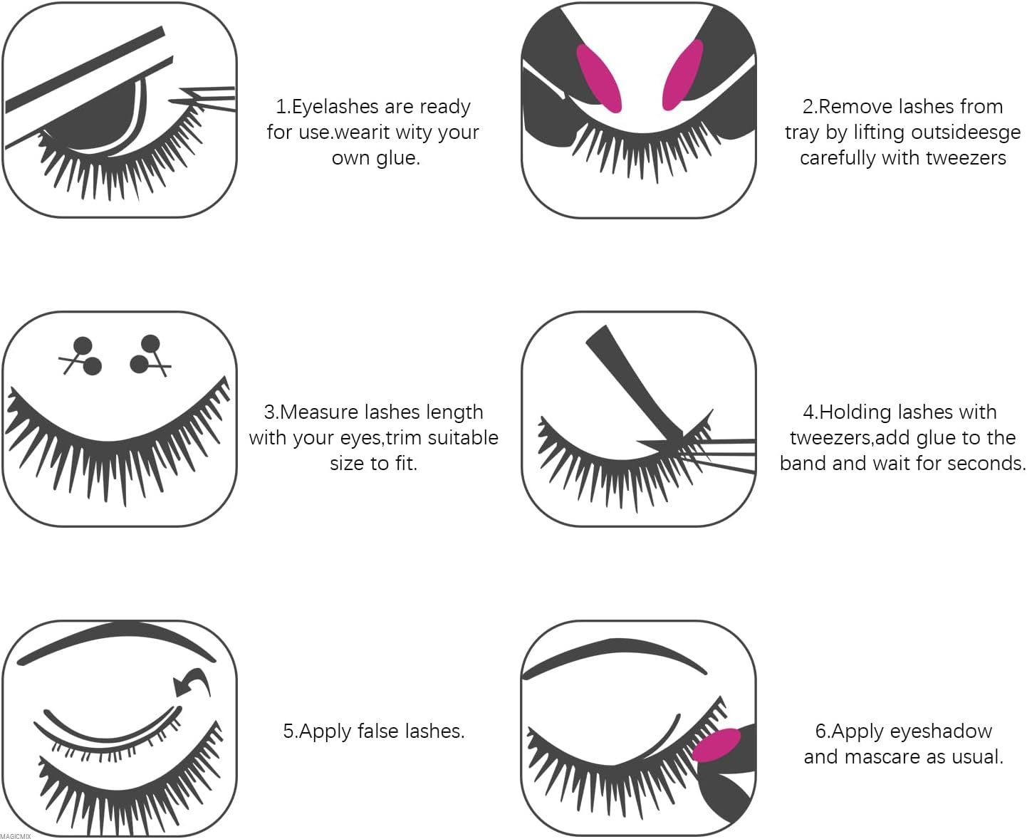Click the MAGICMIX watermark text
click(x=16, y=835)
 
